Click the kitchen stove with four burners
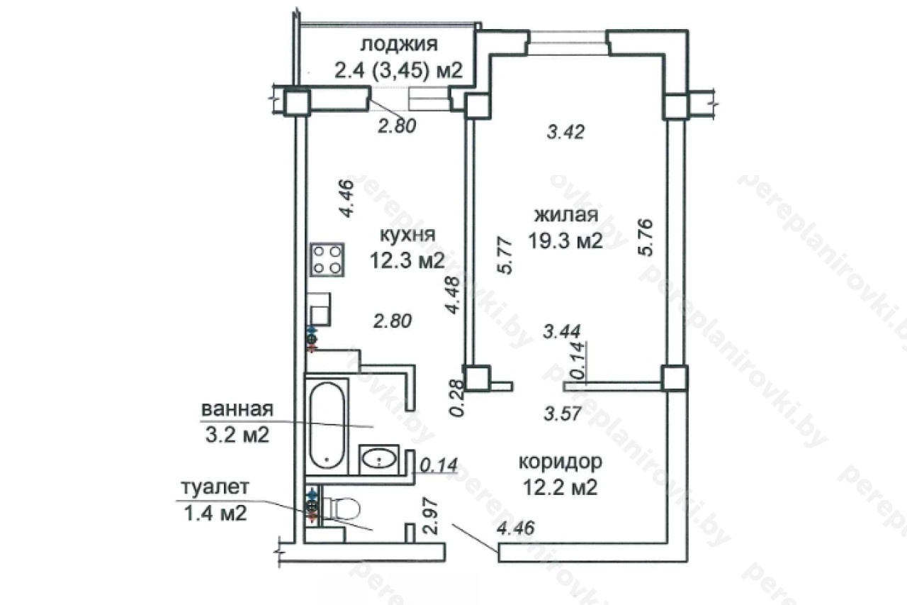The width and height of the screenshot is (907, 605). tap(327, 260)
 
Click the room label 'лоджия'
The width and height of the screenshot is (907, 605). tap(399, 45)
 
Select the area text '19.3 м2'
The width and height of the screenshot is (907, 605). tap(565, 240)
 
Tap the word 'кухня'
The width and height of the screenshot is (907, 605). tap(407, 235)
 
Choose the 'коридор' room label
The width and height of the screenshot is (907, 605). tap(560, 462)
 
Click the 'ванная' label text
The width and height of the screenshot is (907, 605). tap(237, 410)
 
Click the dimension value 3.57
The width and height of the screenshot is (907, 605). tap(563, 413)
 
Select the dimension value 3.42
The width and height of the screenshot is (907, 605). tap(565, 133)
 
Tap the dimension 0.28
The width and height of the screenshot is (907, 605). tap(457, 399)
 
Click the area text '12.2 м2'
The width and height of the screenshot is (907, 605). tap(560, 487)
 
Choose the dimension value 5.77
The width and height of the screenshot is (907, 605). tap(505, 256)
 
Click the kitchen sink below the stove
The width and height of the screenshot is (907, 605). tap(320, 309)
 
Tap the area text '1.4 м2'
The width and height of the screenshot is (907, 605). tap(215, 514)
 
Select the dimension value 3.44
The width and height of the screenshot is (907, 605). tap(562, 331)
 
